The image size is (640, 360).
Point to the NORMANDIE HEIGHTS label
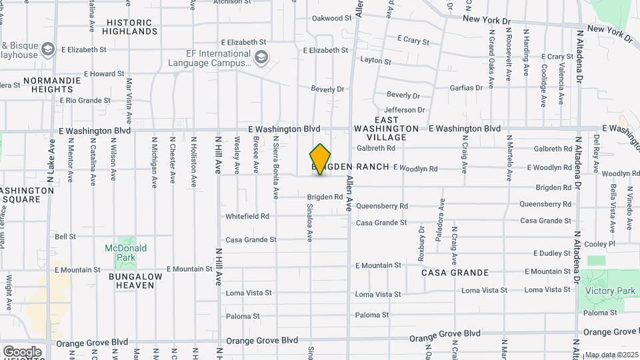[x=52, y=85]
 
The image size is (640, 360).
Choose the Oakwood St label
[x=331, y=18]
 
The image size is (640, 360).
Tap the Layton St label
[x=375, y=61]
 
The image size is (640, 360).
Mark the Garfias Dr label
[x=466, y=88]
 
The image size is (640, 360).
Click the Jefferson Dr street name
[x=404, y=110]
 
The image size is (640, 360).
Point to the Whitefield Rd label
[x=247, y=217]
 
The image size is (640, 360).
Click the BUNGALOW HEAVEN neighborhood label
[x=135, y=281]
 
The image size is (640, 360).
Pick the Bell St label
[x=65, y=237]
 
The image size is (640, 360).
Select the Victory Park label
[x=609, y=291]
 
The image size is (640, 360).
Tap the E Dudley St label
[x=553, y=253]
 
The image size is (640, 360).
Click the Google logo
[x=22, y=351]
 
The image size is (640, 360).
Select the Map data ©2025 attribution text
[x=611, y=355]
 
